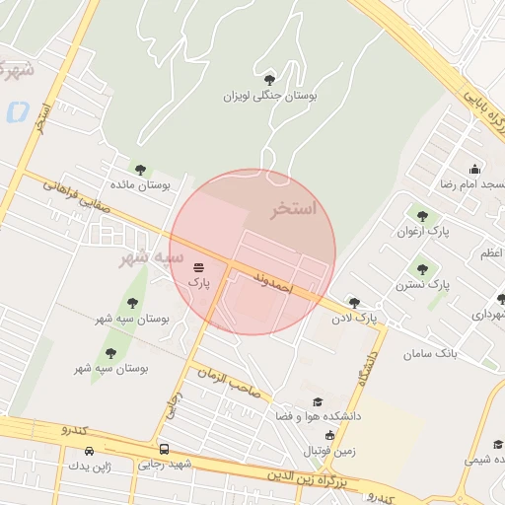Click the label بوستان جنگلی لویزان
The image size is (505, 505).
click(x=269, y=97)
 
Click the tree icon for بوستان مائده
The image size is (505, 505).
click(x=140, y=169)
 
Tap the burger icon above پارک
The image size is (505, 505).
click(x=200, y=267)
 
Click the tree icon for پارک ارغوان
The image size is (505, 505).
click(x=422, y=216)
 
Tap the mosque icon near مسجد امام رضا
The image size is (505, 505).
click(x=474, y=169)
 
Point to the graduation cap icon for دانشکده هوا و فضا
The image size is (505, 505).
click(x=318, y=401)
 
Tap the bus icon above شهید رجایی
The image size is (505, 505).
click(x=164, y=448)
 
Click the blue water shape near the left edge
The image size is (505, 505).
click(x=17, y=111)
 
